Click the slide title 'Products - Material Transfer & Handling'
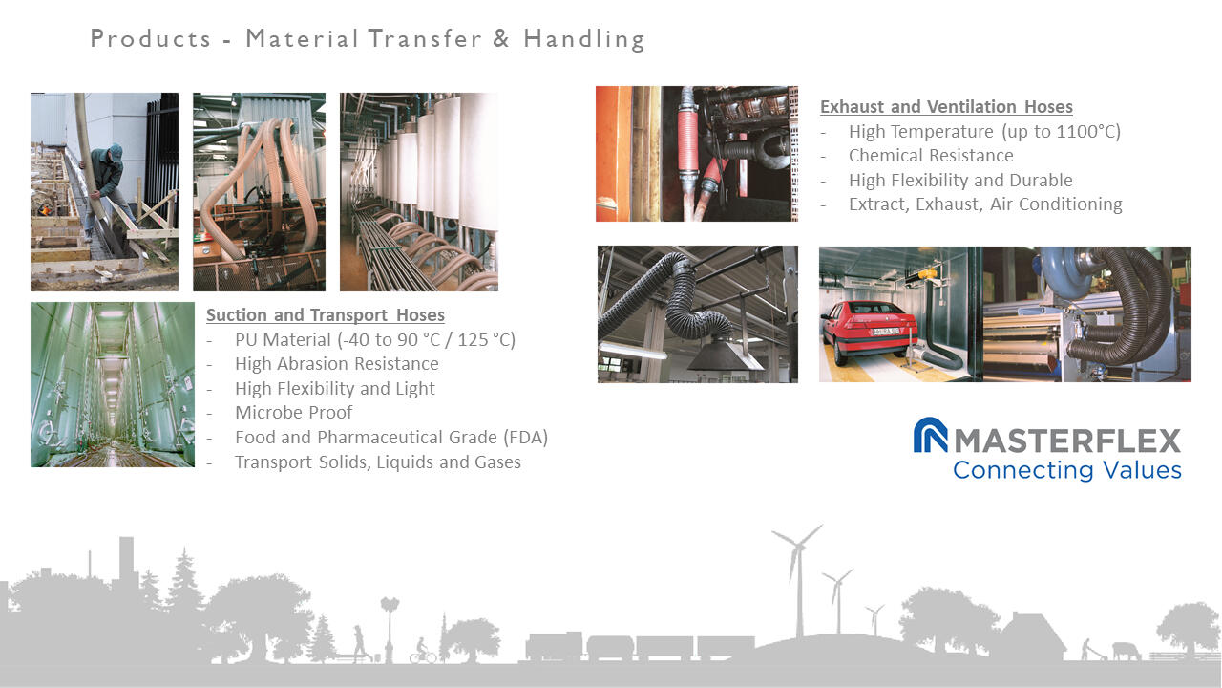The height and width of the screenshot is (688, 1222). tap(368, 39)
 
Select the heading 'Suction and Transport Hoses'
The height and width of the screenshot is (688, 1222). tap(326, 315)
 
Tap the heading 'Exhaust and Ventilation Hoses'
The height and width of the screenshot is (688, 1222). tap(946, 106)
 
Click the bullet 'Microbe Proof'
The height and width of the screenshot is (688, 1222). tap(293, 412)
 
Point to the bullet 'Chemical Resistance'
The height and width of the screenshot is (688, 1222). tap(931, 156)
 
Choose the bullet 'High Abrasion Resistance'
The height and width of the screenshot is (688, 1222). tap(337, 364)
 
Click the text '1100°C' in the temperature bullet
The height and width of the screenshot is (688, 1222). tap(1086, 132)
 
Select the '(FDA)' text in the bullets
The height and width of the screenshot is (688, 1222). tap(525, 438)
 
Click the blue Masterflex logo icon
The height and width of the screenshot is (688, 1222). tap(930, 435)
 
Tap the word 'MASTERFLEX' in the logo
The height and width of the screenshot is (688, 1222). tap(1067, 441)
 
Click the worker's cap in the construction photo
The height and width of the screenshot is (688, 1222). tap(116, 150)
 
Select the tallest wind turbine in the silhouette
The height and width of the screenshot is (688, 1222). tap(798, 580)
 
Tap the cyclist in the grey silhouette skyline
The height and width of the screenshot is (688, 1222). tap(422, 651)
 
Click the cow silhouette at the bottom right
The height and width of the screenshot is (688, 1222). tap(1126, 651)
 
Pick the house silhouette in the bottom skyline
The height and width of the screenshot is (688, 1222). tap(1030, 636)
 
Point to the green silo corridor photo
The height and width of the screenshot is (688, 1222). tap(113, 384)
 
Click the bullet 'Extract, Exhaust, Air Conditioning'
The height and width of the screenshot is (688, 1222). tap(985, 204)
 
